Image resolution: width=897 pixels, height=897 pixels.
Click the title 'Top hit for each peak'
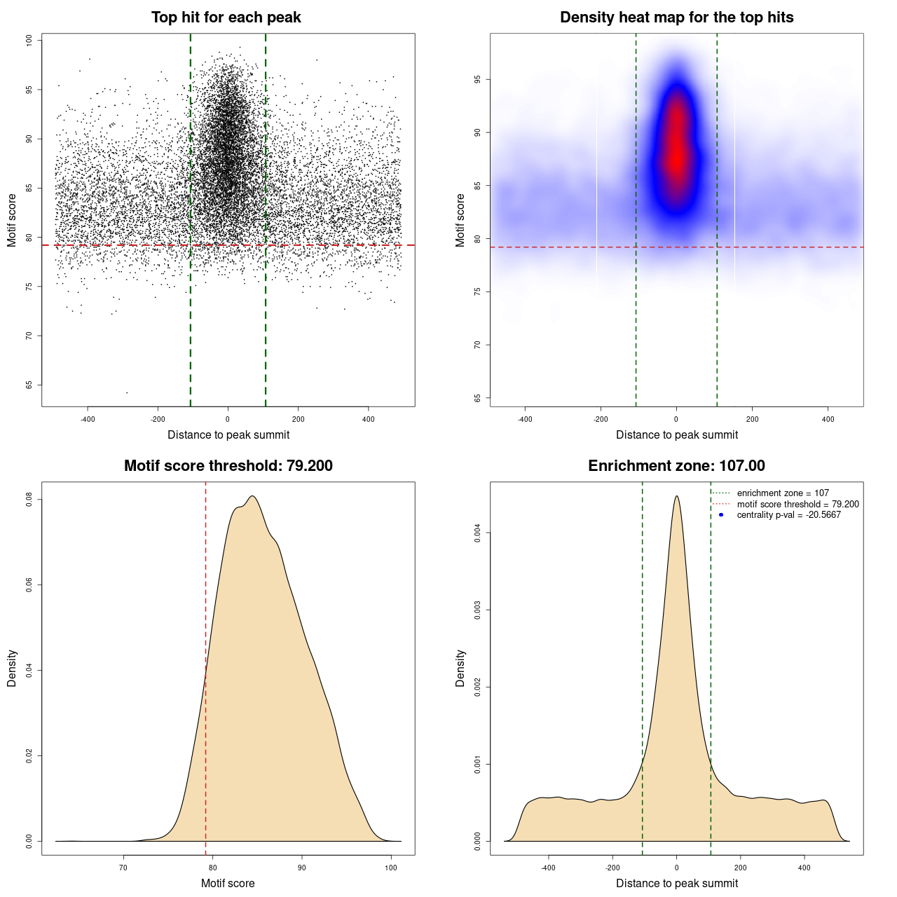click(226, 18)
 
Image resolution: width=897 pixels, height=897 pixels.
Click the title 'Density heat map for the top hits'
click(676, 18)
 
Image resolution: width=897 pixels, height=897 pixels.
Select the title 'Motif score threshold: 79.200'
click(228, 466)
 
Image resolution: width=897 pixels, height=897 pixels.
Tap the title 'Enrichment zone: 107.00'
click(676, 466)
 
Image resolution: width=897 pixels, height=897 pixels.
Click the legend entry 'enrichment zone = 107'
click(782, 493)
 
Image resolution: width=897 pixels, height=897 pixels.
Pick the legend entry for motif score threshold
click(797, 505)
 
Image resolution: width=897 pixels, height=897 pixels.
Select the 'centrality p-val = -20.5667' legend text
click(788, 515)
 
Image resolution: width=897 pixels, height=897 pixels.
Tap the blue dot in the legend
click(721, 515)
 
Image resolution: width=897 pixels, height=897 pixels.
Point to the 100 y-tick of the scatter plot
click(29, 41)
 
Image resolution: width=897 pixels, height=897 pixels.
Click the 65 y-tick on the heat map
click(478, 398)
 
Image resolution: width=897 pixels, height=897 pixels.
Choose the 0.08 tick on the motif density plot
click(29, 500)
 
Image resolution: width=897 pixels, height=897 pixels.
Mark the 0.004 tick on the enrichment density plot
click(478, 533)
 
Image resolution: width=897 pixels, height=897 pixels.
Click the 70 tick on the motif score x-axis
click(124, 868)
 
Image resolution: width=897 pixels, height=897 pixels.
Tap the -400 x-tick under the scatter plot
click(88, 420)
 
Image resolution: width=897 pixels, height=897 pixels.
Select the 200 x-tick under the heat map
click(752, 420)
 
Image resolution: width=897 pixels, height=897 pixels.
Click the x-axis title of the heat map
click(676, 435)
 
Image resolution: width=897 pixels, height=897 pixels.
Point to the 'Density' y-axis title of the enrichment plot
click(460, 668)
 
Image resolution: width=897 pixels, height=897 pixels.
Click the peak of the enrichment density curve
click(676, 496)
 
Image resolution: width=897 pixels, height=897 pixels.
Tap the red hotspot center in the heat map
click(676, 158)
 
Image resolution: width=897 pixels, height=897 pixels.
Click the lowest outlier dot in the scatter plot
click(127, 392)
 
